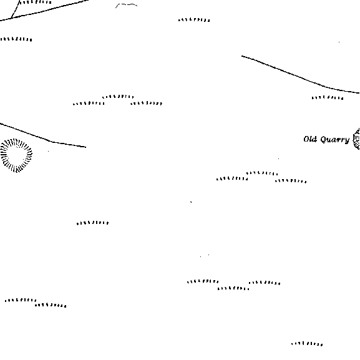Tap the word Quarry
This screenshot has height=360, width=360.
(335, 140)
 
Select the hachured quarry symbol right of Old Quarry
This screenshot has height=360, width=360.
(356, 139)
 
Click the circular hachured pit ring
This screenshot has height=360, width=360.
(16, 139)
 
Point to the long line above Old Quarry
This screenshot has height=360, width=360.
(298, 76)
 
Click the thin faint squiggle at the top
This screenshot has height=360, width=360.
(126, 4)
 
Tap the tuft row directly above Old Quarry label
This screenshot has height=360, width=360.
(328, 98)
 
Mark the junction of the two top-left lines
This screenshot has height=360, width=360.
(11, 18)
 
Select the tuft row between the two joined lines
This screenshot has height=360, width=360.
(35, 2)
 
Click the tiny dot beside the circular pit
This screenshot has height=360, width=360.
(48, 151)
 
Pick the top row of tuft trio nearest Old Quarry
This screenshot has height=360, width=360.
(262, 173)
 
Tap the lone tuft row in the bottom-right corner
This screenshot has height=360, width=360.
(307, 344)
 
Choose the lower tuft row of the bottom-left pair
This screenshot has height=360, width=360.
(51, 305)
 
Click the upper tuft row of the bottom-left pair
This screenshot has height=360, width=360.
(21, 300)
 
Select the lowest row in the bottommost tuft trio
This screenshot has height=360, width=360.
(233, 288)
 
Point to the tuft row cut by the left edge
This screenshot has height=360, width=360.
(16, 39)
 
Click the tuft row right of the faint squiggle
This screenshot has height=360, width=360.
(194, 20)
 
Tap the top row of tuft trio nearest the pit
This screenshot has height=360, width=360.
(118, 97)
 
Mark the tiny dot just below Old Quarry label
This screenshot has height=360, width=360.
(279, 158)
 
